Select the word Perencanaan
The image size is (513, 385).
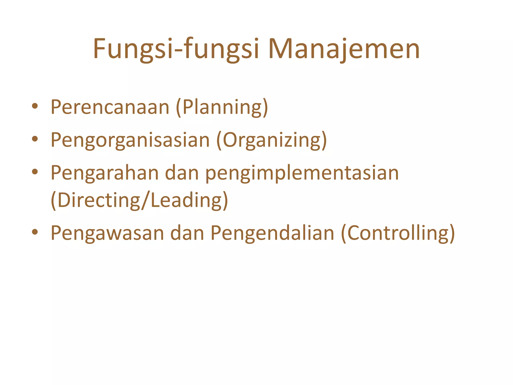110,107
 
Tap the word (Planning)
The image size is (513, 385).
222,107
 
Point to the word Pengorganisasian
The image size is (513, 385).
130,140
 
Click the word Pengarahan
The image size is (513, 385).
105,173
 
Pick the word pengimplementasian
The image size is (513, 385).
302,173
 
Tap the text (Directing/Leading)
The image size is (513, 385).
139,200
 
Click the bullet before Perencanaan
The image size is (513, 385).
35,106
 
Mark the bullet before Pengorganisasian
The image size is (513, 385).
35,139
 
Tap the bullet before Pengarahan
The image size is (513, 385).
35,172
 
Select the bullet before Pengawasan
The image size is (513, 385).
35,232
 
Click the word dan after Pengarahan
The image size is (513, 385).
182,173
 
